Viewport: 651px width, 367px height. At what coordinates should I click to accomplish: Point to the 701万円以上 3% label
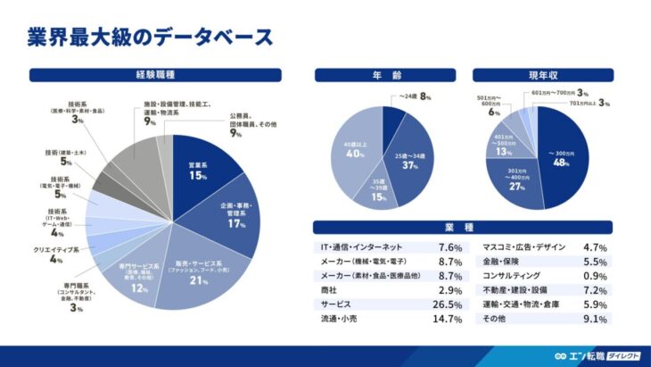[x=589, y=104]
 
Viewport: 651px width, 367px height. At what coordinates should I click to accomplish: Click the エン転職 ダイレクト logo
[x=602, y=355]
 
